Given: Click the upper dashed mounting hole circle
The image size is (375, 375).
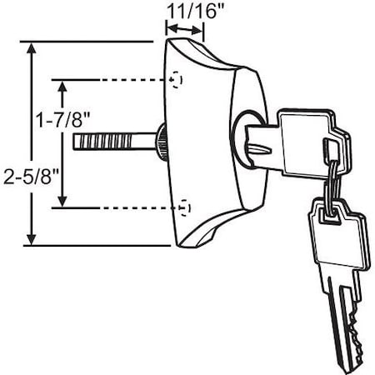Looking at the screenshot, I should click(176, 79).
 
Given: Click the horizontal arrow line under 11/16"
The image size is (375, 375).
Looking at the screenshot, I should click(185, 32).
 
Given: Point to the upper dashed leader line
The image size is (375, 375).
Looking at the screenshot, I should click(133, 80).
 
